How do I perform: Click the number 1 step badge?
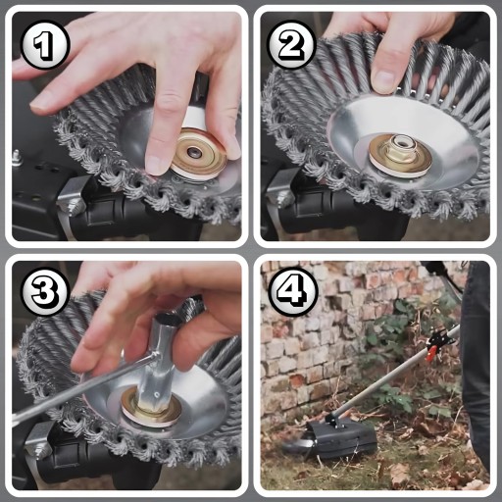(x=45, y=44)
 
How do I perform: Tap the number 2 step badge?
(x=291, y=44)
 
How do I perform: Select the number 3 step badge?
(x=45, y=291)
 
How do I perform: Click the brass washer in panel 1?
(x=198, y=154)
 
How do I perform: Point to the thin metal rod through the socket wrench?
(x=81, y=385)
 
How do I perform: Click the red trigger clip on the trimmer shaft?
(x=432, y=353)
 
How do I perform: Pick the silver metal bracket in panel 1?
(x=72, y=197)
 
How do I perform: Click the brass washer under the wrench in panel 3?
(x=151, y=409)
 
